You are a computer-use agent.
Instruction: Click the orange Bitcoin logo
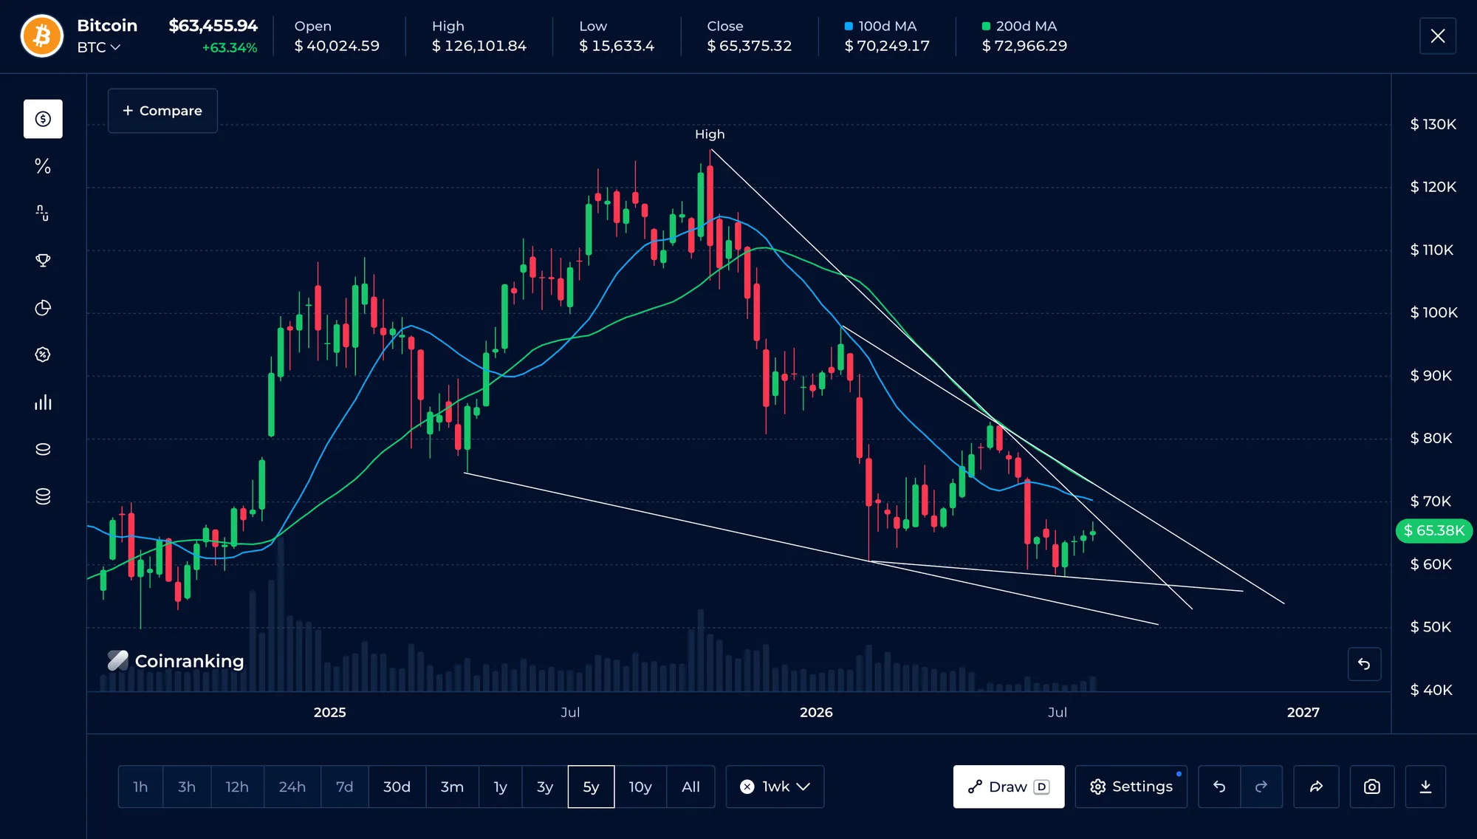[42, 36]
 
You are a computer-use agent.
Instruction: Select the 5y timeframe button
[591, 787]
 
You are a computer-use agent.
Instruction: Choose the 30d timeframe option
[397, 787]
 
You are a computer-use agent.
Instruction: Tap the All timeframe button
[690, 787]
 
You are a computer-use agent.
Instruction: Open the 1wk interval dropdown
[775, 787]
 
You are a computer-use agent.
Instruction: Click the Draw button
[1009, 787]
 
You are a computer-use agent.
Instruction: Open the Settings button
[1131, 787]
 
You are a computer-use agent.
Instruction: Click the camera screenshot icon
[1371, 787]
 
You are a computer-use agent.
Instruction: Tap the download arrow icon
[1425, 787]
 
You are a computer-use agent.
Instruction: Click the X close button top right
[1438, 36]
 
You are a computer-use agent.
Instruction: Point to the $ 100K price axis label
[1433, 312]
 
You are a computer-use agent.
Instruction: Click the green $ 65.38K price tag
[1433, 530]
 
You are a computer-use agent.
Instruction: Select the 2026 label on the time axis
[816, 712]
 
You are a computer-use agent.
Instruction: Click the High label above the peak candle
[710, 134]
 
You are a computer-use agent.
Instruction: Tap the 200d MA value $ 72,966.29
[1024, 46]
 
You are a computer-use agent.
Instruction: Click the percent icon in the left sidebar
[43, 166]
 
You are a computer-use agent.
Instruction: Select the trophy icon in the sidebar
[43, 261]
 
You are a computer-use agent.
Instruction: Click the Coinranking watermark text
[189, 661]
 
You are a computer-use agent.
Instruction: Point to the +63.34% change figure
[230, 48]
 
